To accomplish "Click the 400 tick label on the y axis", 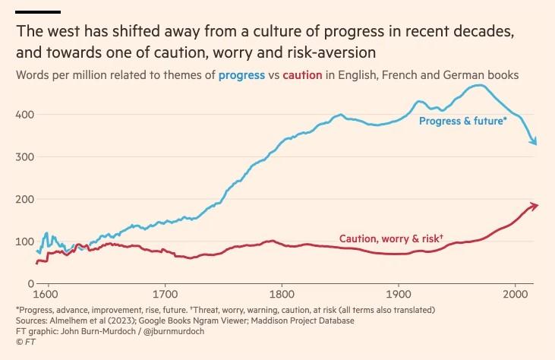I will point(24,114).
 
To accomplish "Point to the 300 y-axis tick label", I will point(24,156).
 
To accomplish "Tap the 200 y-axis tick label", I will point(24,199).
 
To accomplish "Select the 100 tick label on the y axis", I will point(24,242).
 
